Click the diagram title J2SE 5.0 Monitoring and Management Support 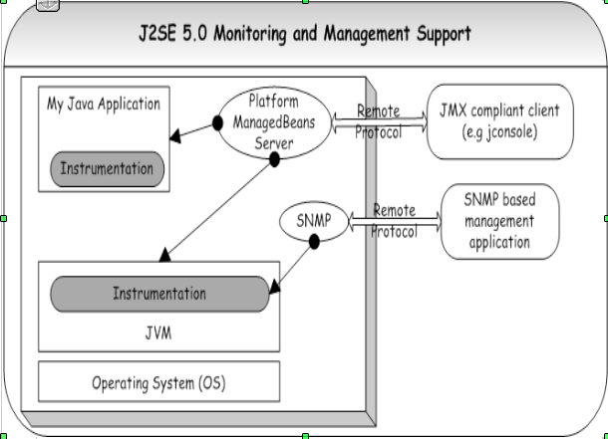click(x=305, y=34)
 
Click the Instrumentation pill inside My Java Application click(x=107, y=169)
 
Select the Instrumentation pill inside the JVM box click(x=159, y=294)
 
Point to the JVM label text click(x=158, y=332)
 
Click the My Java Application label click(x=104, y=104)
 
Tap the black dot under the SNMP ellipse click(x=314, y=242)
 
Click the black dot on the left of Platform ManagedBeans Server click(x=217, y=123)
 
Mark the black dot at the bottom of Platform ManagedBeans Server click(x=274, y=159)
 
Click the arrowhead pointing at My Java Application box click(x=175, y=135)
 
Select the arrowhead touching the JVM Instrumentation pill click(x=274, y=287)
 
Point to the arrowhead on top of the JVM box click(x=165, y=255)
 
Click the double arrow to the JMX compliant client click(x=379, y=121)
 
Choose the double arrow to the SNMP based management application click(x=395, y=221)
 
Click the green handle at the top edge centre click(x=305, y=2)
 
